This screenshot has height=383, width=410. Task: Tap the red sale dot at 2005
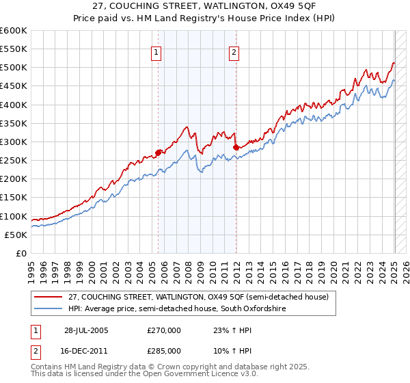(159, 153)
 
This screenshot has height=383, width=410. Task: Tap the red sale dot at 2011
(236, 147)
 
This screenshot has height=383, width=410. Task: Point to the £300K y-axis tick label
(14, 142)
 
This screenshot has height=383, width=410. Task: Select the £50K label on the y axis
(16, 235)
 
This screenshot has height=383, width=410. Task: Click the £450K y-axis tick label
(14, 86)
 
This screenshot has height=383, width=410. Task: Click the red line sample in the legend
(49, 297)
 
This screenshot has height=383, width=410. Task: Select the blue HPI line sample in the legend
(49, 309)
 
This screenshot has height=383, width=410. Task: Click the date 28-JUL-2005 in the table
(84, 330)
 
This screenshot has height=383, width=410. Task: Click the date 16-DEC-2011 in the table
(84, 350)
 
